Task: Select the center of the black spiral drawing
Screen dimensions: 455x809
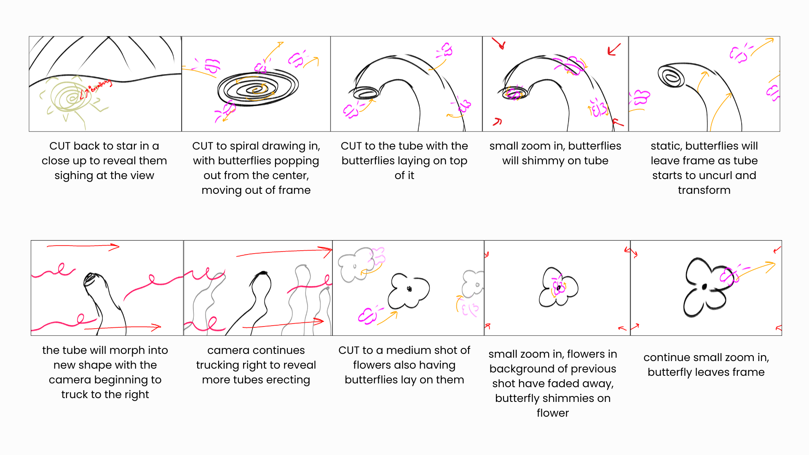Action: tap(256, 89)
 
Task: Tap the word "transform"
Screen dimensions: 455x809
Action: tap(704, 190)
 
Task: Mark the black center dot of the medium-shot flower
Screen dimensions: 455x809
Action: tap(409, 289)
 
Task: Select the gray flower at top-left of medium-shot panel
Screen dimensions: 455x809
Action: tap(355, 265)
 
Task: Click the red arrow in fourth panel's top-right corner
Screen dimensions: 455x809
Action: tap(614, 49)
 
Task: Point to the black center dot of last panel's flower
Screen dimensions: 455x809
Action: tap(704, 287)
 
